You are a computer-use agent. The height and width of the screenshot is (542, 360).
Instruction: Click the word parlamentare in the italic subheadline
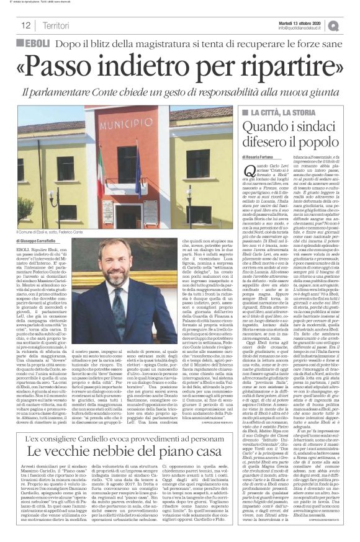click(70, 92)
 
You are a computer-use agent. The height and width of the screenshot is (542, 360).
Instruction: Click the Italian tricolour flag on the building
click(99, 171)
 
